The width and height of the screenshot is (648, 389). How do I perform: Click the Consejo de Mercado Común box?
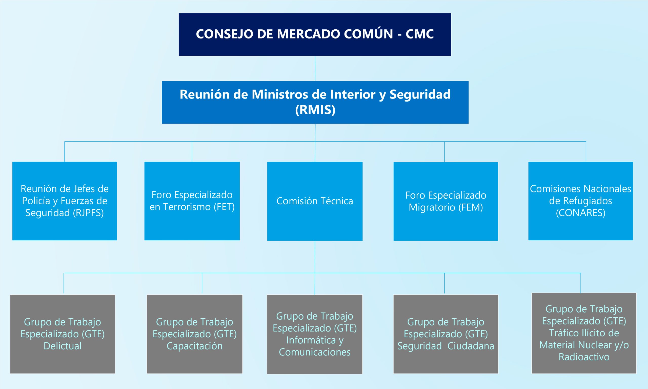pyautogui.click(x=315, y=34)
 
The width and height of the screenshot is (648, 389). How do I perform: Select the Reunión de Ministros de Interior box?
pyautogui.click(x=315, y=102)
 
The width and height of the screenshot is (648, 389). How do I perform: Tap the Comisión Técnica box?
pyautogui.click(x=315, y=201)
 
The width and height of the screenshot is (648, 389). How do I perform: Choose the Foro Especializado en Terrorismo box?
pyautogui.click(x=192, y=201)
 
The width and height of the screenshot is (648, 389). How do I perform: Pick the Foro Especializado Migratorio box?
pyautogui.click(x=446, y=201)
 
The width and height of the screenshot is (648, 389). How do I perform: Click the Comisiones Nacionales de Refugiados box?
pyautogui.click(x=581, y=201)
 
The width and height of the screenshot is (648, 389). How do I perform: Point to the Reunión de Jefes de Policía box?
pyautogui.click(x=65, y=201)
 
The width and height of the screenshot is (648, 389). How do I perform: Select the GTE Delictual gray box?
pyautogui.click(x=63, y=334)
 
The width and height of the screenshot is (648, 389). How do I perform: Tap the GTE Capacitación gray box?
pyautogui.click(x=195, y=334)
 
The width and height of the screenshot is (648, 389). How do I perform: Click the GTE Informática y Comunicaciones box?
pyautogui.click(x=315, y=334)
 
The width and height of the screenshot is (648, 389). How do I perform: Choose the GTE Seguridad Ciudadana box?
pyautogui.click(x=446, y=334)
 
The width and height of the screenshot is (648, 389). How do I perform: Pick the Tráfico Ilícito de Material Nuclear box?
pyautogui.click(x=584, y=333)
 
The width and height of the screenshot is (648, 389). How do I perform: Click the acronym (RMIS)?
pyautogui.click(x=315, y=110)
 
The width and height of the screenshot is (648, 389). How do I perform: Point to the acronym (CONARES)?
pyautogui.click(x=581, y=213)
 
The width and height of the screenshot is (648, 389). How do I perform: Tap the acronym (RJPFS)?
pyautogui.click(x=88, y=213)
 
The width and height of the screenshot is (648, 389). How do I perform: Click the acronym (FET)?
pyautogui.click(x=224, y=207)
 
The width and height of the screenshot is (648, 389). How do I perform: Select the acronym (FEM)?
pyautogui.click(x=471, y=207)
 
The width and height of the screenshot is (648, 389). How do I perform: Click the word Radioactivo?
pyautogui.click(x=584, y=357)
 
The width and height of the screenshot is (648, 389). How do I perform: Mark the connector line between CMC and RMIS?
pyautogui.click(x=315, y=68)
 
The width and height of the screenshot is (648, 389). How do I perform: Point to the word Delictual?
pyautogui.click(x=63, y=346)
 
